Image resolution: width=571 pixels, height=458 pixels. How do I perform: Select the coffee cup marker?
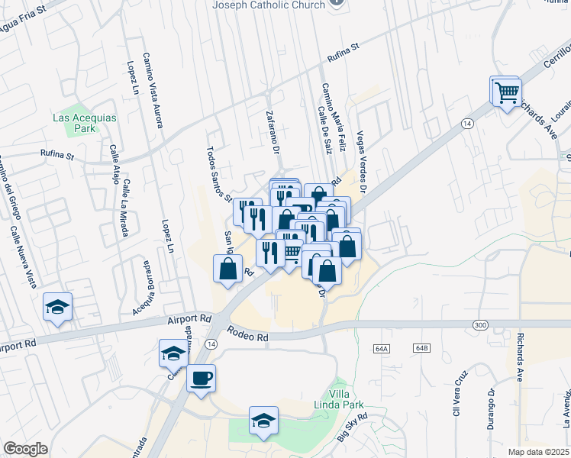pos(201,378)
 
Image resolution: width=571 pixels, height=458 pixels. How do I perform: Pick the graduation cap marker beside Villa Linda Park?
pos(263,421)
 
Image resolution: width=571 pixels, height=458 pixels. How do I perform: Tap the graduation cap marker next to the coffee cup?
pos(174,353)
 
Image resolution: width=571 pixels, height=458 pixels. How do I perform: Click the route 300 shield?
pos(479,325)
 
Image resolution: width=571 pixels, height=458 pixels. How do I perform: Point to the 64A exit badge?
pos(382,348)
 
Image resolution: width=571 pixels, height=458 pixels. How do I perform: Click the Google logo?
pos(25,449)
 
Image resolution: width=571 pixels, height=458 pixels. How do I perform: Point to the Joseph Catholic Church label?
pos(268,5)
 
